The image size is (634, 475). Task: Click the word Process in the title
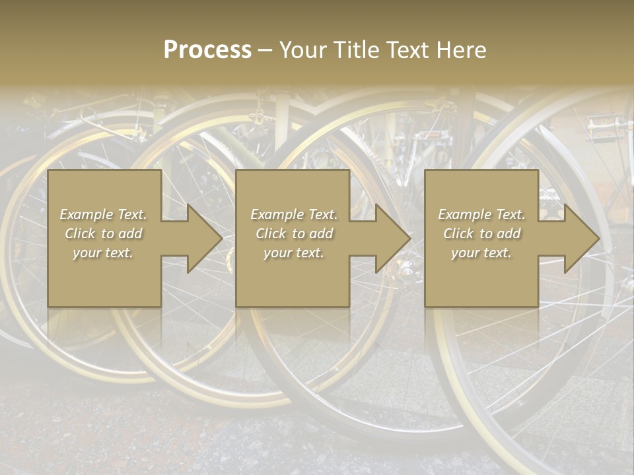pyautogui.click(x=207, y=50)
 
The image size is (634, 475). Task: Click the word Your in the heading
pyautogui.click(x=300, y=50)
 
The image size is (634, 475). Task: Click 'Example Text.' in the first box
pyautogui.click(x=104, y=214)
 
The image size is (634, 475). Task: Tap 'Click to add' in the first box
pyautogui.click(x=104, y=234)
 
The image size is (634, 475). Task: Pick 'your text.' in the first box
pyautogui.click(x=104, y=253)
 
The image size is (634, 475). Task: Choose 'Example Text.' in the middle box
pyautogui.click(x=294, y=214)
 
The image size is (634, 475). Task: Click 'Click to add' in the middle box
pyautogui.click(x=294, y=234)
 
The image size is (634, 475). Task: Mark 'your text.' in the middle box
pyautogui.click(x=294, y=253)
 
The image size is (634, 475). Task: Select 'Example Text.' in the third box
pyautogui.click(x=481, y=214)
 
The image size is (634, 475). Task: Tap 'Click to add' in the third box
pyautogui.click(x=481, y=234)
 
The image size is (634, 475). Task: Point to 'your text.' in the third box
pyautogui.click(x=481, y=253)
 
